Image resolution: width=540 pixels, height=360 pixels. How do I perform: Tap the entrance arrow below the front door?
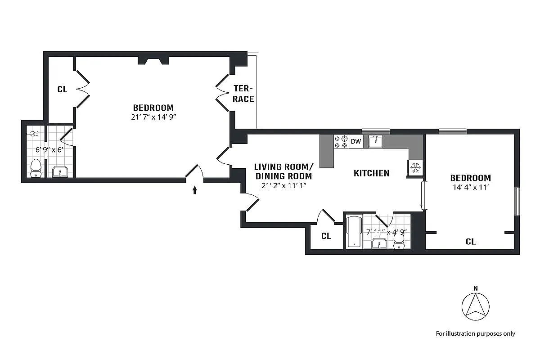(x=194, y=190)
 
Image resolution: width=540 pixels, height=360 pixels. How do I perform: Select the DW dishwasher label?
(x=355, y=142)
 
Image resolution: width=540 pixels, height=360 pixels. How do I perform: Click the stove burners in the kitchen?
(x=341, y=142)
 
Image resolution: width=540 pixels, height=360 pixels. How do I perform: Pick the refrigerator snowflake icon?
(x=415, y=168)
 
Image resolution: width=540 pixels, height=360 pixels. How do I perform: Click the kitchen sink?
(x=375, y=141)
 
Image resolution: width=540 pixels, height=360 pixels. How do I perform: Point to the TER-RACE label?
(x=243, y=93)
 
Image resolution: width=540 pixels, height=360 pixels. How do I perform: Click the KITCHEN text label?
(x=371, y=173)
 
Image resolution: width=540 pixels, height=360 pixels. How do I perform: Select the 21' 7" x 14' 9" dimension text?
(x=153, y=118)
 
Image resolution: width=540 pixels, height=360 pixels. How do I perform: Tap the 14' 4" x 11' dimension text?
(x=470, y=189)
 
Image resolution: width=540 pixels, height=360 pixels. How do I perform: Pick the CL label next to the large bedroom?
(x=62, y=90)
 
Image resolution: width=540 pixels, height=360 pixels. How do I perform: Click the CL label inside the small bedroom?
(x=470, y=242)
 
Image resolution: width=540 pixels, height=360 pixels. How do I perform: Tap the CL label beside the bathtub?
(x=326, y=236)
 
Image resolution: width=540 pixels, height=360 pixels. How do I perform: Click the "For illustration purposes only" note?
(x=475, y=333)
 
